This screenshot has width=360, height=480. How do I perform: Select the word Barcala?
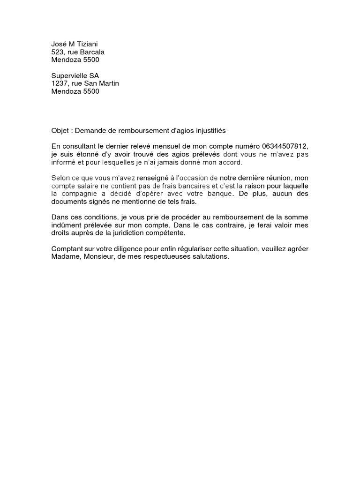coord(92,52)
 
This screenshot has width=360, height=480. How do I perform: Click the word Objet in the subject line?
coord(60,131)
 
